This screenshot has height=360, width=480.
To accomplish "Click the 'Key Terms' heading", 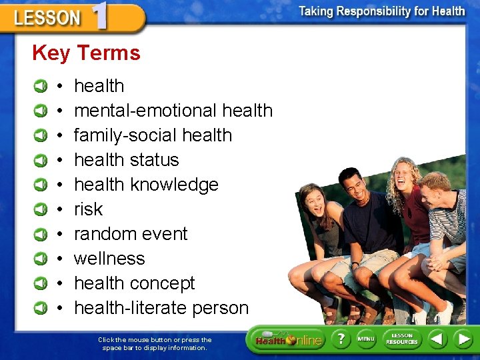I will pyautogui.click(x=86, y=53).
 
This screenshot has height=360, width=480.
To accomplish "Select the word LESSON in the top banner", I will pyautogui.click(x=47, y=18).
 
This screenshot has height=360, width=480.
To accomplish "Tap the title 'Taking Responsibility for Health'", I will pyautogui.click(x=381, y=11).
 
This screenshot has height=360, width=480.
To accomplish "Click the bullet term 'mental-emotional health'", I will pyautogui.click(x=173, y=111).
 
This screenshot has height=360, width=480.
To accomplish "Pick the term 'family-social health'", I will pyautogui.click(x=153, y=135).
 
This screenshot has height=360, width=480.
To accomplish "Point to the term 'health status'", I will pyautogui.click(x=126, y=160).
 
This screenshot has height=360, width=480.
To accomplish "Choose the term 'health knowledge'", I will pyautogui.click(x=146, y=185).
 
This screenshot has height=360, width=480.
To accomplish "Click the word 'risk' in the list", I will pyautogui.click(x=88, y=209).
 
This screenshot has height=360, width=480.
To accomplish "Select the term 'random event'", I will pyautogui.click(x=131, y=234).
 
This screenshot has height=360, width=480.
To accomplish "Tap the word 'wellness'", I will pyautogui.click(x=109, y=259).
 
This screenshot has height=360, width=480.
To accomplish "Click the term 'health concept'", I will pyautogui.click(x=134, y=283).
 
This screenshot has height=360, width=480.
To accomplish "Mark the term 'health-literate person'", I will pyautogui.click(x=161, y=308).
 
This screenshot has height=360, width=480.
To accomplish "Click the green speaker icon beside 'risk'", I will pyautogui.click(x=41, y=209).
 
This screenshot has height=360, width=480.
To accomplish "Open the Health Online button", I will pyautogui.click(x=289, y=340).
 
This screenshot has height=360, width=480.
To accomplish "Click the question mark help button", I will pyautogui.click(x=340, y=339).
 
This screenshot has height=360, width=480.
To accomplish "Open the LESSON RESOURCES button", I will pyautogui.click(x=401, y=339).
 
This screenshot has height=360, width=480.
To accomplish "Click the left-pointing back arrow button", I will pyautogui.click(x=437, y=339).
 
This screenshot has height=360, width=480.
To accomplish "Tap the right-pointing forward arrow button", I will pyautogui.click(x=463, y=339).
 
